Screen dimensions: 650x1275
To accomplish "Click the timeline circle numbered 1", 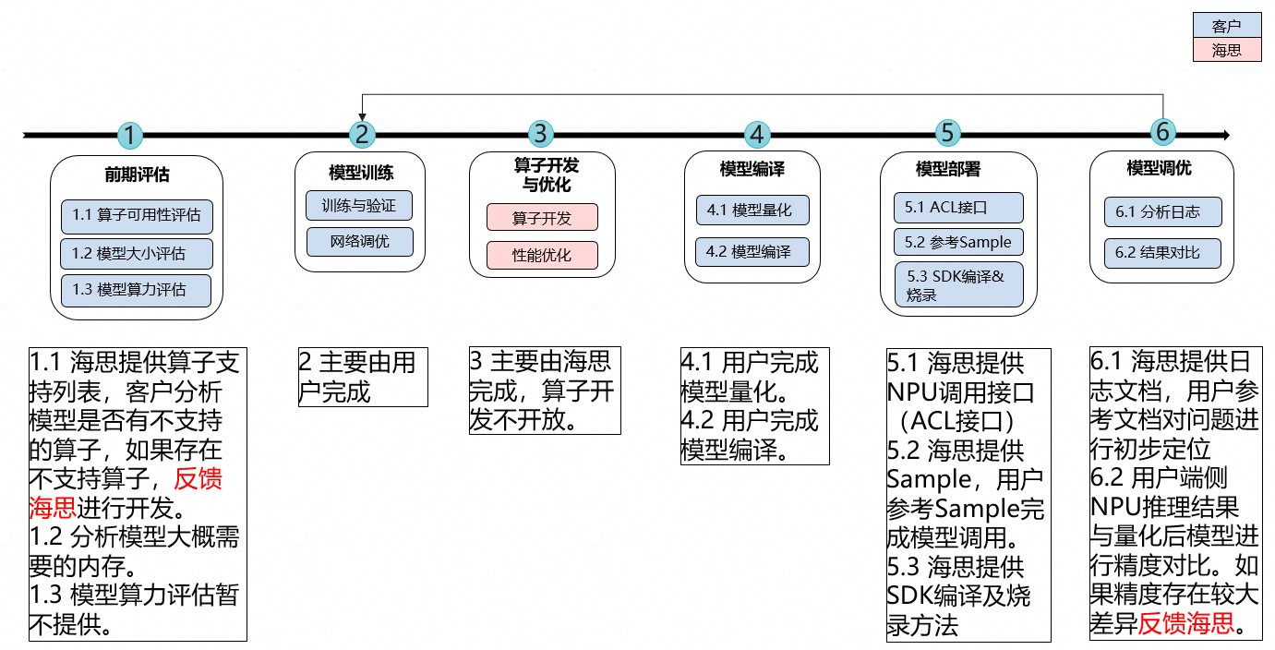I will coord(131,136).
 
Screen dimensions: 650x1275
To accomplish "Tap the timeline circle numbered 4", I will coord(757,135).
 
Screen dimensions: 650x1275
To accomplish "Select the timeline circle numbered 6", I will coord(1162,132).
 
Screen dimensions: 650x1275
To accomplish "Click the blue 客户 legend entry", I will coord(1226,28).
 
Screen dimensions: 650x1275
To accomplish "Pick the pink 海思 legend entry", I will coord(1226,51).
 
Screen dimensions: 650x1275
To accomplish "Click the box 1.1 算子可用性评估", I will coord(137,216).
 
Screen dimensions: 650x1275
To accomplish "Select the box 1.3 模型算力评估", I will coord(137,290).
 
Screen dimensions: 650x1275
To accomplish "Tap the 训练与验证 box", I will coord(359,206).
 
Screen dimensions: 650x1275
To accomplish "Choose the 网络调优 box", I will coord(359,242).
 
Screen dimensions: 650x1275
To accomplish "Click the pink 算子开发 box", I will coord(542,218).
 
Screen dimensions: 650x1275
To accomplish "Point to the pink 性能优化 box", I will coord(542,256).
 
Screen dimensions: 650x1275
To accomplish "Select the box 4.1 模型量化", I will coord(752,210).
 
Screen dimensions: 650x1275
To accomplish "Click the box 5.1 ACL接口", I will coord(958,207).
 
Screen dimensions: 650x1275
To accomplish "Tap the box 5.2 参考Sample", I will coord(958,242).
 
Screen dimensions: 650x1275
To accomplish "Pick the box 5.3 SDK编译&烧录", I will coord(958,285).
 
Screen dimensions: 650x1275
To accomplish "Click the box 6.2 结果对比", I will coord(1163,252).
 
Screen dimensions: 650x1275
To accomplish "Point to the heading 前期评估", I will coord(137,175).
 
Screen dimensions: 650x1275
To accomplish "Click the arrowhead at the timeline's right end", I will coord(1225,136).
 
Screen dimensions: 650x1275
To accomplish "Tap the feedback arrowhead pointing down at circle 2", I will coord(362,116).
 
